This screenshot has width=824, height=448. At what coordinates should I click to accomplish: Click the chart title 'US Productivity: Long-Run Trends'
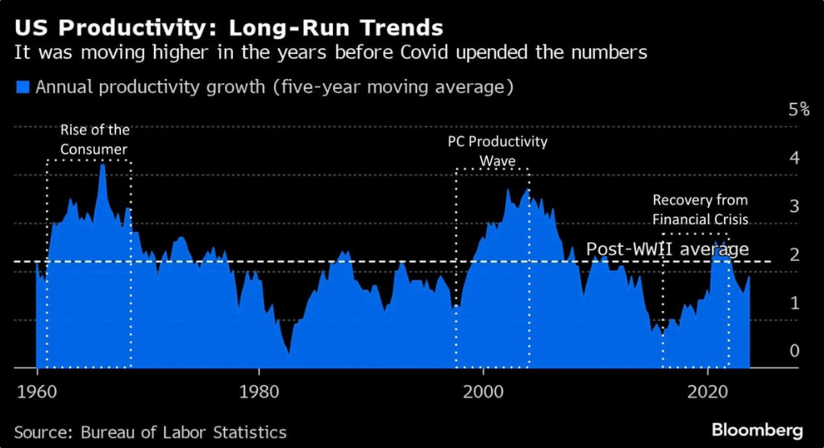[x=228, y=28]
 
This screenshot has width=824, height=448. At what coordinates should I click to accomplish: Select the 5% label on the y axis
[x=797, y=110]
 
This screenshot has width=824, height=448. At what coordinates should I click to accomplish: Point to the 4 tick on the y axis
[x=794, y=158]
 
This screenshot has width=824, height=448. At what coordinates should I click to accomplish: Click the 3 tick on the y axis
[x=794, y=206]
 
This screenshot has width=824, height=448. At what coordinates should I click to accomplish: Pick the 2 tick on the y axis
[x=794, y=255]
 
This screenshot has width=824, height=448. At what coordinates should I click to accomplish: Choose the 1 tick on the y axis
[x=794, y=303]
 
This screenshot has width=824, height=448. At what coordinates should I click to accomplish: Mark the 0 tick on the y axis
[x=794, y=351]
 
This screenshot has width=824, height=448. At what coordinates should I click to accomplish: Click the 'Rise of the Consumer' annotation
[x=95, y=139]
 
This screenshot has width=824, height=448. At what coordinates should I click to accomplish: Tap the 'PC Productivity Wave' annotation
[x=497, y=151]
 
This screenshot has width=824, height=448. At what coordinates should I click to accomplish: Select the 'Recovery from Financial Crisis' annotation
[x=700, y=209]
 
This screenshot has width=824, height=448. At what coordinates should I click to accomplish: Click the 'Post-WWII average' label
[x=667, y=249]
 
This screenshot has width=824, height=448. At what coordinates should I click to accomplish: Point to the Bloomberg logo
[x=757, y=428]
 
